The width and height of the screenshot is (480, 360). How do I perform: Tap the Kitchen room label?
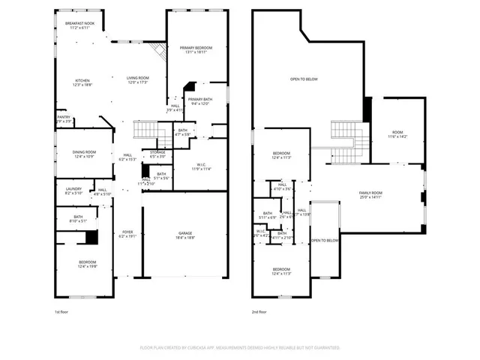(82, 82)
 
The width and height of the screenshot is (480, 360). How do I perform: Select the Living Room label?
(137, 79)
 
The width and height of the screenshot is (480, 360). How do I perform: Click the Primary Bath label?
(200, 100)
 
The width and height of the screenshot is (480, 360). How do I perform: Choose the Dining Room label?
(83, 154)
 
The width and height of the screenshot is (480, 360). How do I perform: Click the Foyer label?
(127, 234)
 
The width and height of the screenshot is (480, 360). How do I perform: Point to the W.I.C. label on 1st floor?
(201, 166)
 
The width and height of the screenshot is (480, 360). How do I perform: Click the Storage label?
(157, 154)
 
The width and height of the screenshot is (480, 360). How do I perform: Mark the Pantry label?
(64, 118)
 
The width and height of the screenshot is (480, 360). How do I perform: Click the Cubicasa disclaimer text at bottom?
(240, 348)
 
